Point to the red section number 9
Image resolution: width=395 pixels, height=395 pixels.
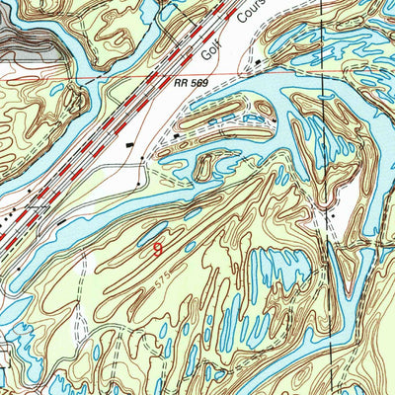[x=157, y=249]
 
